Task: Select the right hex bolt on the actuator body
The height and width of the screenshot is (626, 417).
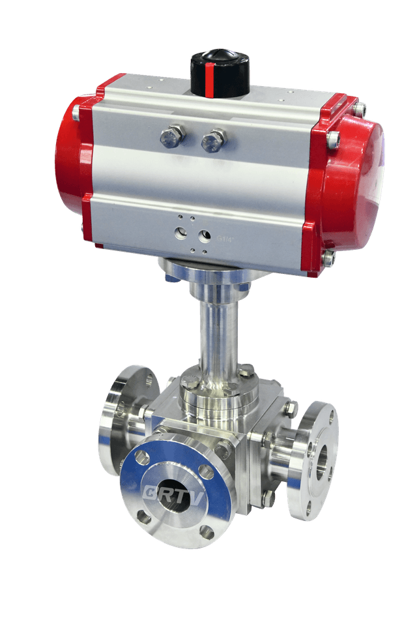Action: (213, 140)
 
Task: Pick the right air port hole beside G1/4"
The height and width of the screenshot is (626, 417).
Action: (205, 235)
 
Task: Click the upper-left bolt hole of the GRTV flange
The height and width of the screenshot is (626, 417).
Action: (141, 458)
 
